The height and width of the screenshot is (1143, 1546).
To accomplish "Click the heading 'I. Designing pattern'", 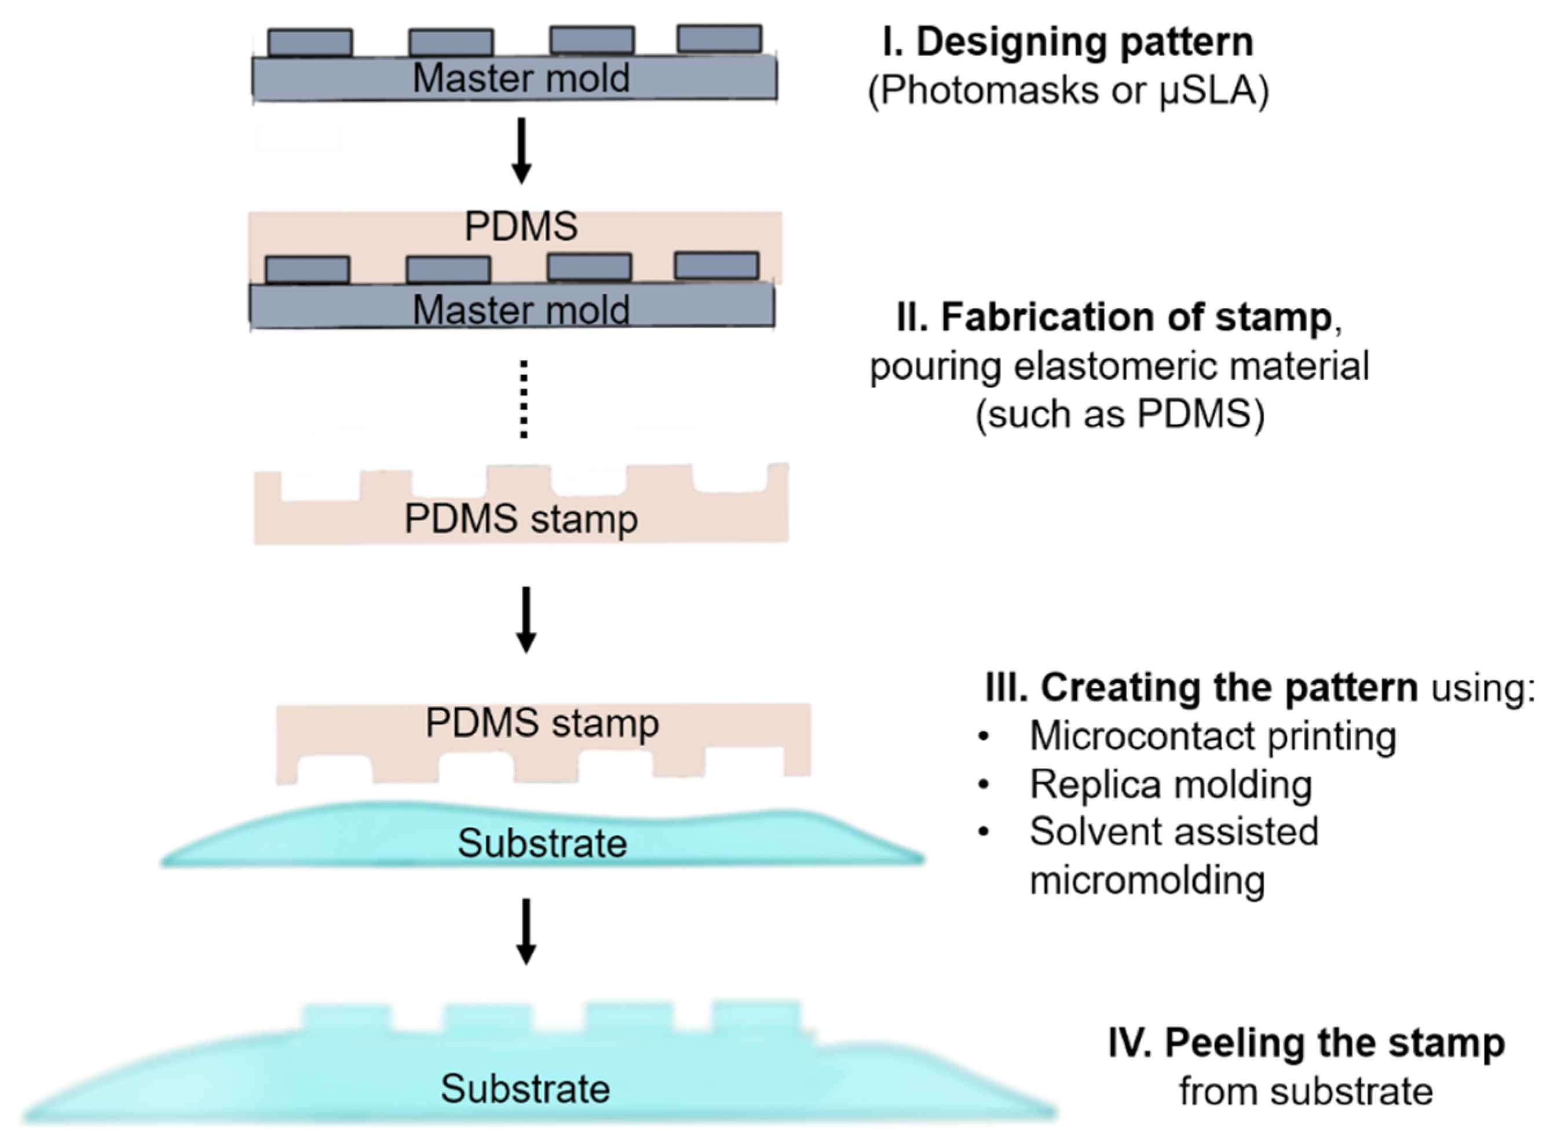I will pos(1068,42).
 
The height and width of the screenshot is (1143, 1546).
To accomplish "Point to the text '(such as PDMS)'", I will pos(1120,415).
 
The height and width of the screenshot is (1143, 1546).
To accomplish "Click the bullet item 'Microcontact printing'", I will pos(1212,735).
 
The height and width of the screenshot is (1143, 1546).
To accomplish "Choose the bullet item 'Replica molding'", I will pos(1170,784).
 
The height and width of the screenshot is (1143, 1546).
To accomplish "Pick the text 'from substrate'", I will pos(1306,1092).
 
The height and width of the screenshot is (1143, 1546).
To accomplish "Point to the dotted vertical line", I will pos(524,399).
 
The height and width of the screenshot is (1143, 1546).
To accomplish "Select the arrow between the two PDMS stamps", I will pos(526,619).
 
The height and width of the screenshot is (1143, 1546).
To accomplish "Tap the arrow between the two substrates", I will pos(526,930).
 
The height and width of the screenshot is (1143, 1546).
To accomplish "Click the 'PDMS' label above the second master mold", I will pos(520,226).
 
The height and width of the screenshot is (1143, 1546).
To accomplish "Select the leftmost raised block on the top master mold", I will pos(310,42).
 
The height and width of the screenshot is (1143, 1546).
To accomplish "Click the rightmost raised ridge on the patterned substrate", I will pos(756,1016).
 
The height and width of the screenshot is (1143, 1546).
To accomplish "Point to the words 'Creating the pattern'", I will pos(1229,688).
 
